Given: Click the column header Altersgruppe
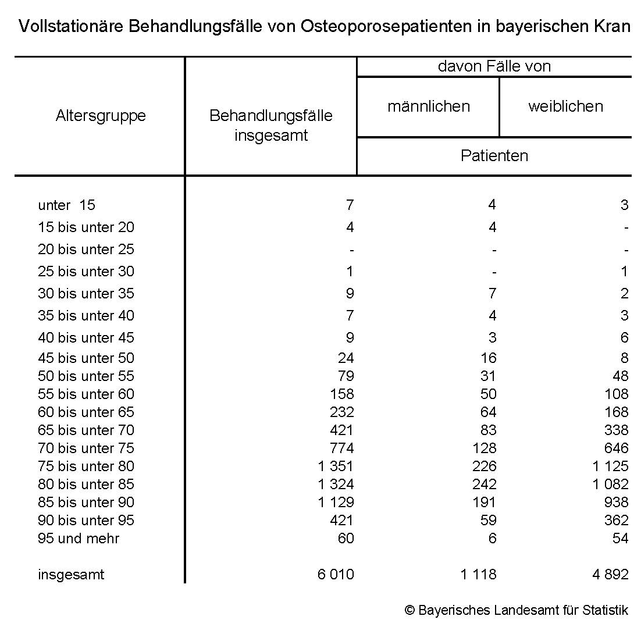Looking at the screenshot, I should click(x=101, y=116).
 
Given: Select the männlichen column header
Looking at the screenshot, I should click(x=429, y=106).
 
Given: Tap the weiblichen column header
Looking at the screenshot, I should click(x=565, y=106).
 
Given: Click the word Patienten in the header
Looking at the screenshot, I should click(x=494, y=156).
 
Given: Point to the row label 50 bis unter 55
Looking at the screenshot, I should click(x=86, y=376).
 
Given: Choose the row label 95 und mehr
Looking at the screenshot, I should click(x=79, y=538).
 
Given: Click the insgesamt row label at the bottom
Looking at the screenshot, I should click(x=71, y=575).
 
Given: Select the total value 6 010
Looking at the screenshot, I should click(x=336, y=575).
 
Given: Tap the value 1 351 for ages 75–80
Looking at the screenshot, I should click(x=336, y=466).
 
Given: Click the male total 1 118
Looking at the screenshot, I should click(x=479, y=575).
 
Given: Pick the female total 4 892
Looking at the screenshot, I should click(x=611, y=575).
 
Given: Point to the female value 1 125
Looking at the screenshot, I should click(x=611, y=466).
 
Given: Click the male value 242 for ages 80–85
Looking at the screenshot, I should click(x=485, y=485).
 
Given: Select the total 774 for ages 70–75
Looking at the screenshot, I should click(x=341, y=448).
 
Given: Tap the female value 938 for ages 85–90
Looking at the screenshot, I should click(x=616, y=503).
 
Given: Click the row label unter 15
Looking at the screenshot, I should click(x=66, y=205).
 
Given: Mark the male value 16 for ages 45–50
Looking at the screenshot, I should click(x=489, y=358).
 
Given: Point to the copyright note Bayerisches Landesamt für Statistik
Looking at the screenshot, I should click(x=517, y=610).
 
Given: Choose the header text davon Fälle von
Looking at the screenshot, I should click(x=494, y=66).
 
